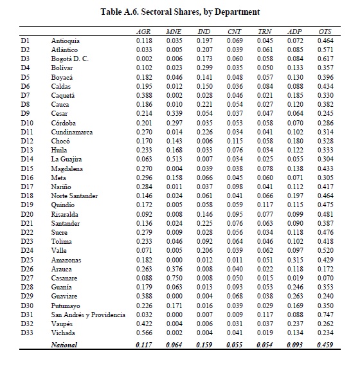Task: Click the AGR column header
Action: (x=143, y=32)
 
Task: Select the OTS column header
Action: (x=325, y=32)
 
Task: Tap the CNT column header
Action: (x=234, y=32)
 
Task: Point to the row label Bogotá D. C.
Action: (x=69, y=59)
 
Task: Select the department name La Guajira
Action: (x=66, y=160)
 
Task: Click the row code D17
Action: (x=27, y=187)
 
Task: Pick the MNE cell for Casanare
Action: (x=174, y=278)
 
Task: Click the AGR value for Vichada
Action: (x=144, y=333)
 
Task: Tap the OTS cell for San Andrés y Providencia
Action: (x=325, y=315)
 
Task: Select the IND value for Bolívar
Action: (x=204, y=68)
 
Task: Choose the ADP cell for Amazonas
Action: (x=295, y=260)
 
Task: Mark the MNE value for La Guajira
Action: (x=174, y=159)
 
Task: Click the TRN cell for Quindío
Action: (x=265, y=205)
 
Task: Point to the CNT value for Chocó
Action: (x=235, y=141)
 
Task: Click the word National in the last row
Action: (x=64, y=345)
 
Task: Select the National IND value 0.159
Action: (x=204, y=345)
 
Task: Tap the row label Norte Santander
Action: (x=75, y=196)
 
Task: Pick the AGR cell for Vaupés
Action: (x=144, y=324)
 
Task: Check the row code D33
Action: (x=27, y=333)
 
